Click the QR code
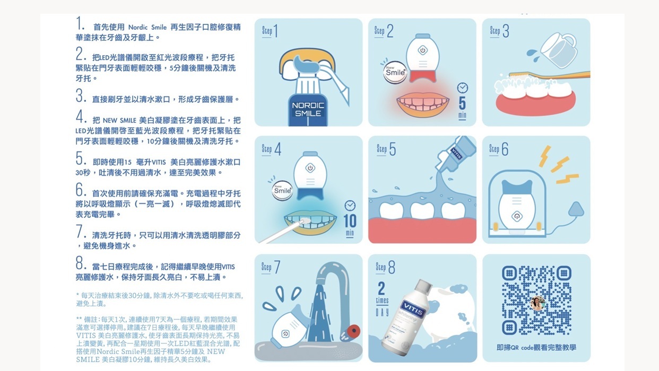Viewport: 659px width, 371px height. point(536,300)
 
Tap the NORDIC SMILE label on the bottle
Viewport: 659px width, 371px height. point(308,109)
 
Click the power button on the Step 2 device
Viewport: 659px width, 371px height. point(422,50)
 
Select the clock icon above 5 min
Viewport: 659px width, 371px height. point(463,87)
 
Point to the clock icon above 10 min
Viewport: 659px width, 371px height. point(350,206)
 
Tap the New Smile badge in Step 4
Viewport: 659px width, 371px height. point(282,190)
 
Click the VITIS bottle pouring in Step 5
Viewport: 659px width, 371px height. point(455,153)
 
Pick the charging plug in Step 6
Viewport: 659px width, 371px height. point(576,209)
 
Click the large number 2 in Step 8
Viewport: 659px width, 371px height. point(381,288)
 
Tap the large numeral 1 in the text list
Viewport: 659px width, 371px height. point(79,23)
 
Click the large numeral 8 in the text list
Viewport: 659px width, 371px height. point(80,262)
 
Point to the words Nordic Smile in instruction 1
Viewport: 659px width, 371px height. point(147,28)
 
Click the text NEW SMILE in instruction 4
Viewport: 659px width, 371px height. point(119,120)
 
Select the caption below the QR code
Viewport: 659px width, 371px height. point(536,348)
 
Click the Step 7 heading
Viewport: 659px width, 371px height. point(271,267)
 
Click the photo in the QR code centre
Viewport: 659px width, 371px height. point(537,303)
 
